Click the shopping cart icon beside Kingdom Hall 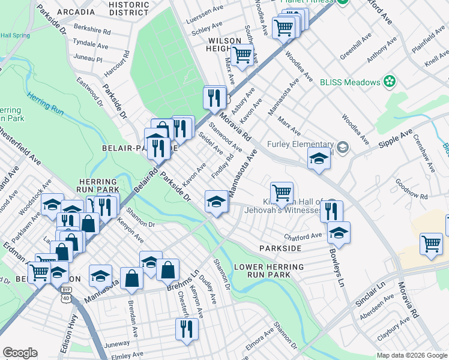point(282,193)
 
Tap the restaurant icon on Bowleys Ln point(331,211)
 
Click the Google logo point(19,353)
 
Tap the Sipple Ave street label point(395,140)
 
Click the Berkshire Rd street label point(92,29)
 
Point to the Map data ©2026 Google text point(412,355)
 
